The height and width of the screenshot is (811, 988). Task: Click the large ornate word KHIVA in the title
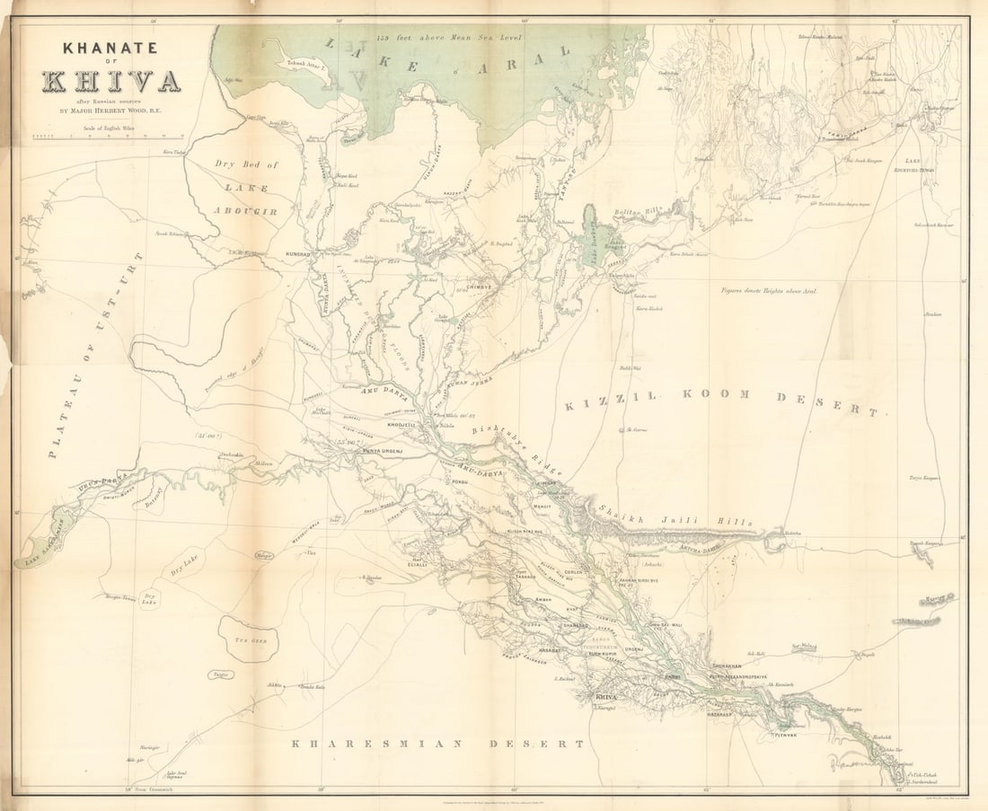[x=110, y=81]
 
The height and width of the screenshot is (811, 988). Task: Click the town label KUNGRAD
[x=298, y=254]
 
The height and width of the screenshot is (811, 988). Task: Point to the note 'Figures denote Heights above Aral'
[x=769, y=290]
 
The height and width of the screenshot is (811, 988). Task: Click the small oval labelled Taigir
[x=217, y=674]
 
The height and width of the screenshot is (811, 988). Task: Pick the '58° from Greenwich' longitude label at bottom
[x=144, y=789]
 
